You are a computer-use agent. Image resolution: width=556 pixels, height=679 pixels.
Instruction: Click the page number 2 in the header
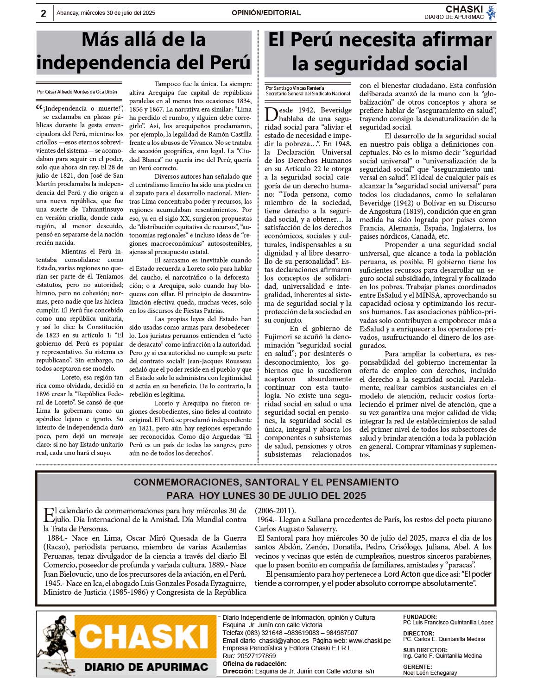coord(44,13)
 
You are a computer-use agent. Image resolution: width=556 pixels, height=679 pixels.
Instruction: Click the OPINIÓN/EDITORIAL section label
coord(266,13)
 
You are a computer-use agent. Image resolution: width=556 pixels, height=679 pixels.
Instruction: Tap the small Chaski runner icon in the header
coord(491,13)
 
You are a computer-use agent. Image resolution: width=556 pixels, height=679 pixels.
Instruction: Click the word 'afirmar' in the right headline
coord(451,40)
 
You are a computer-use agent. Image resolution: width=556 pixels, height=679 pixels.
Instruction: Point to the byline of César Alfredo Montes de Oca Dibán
coord(77,92)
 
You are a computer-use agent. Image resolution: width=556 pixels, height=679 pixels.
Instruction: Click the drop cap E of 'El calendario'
coord(48,514)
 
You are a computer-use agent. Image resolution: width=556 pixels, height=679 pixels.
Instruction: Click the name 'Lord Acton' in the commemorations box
coord(402,574)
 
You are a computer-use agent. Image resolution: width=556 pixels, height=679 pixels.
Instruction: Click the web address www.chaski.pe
coord(369,641)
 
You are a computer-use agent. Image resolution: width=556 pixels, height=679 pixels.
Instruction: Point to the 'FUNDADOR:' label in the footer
coord(420,617)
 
